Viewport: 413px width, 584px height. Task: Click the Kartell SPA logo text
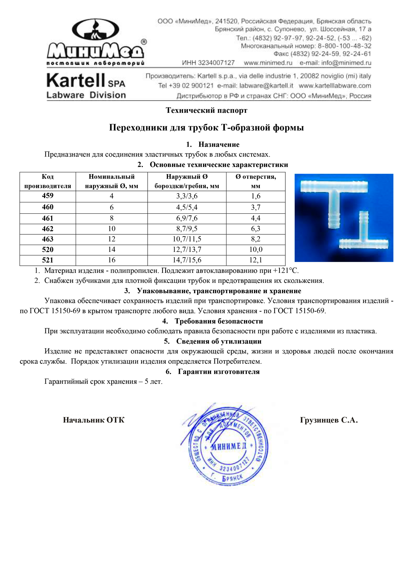coord(86,81)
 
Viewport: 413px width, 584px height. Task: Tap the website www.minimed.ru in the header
coord(268,63)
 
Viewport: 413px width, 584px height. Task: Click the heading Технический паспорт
coord(206,110)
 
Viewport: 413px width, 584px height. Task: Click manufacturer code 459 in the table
coord(48,196)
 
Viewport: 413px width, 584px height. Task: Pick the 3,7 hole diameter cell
coord(255,208)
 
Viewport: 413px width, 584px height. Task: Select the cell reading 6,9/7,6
coord(187,218)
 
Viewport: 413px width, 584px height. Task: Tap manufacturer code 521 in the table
coord(48,260)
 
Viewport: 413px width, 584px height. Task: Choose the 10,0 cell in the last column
coord(255,249)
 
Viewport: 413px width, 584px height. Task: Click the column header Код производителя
coord(48,181)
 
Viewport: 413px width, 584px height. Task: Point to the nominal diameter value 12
coord(112,239)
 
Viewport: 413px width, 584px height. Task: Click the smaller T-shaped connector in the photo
coord(363,237)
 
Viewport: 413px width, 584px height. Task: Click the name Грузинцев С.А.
coord(329,420)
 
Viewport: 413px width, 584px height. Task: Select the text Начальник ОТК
coord(94,420)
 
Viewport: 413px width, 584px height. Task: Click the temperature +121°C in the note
coord(286,271)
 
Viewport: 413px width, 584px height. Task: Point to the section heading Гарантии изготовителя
coord(219,372)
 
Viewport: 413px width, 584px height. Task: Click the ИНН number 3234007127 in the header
coord(217,63)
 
